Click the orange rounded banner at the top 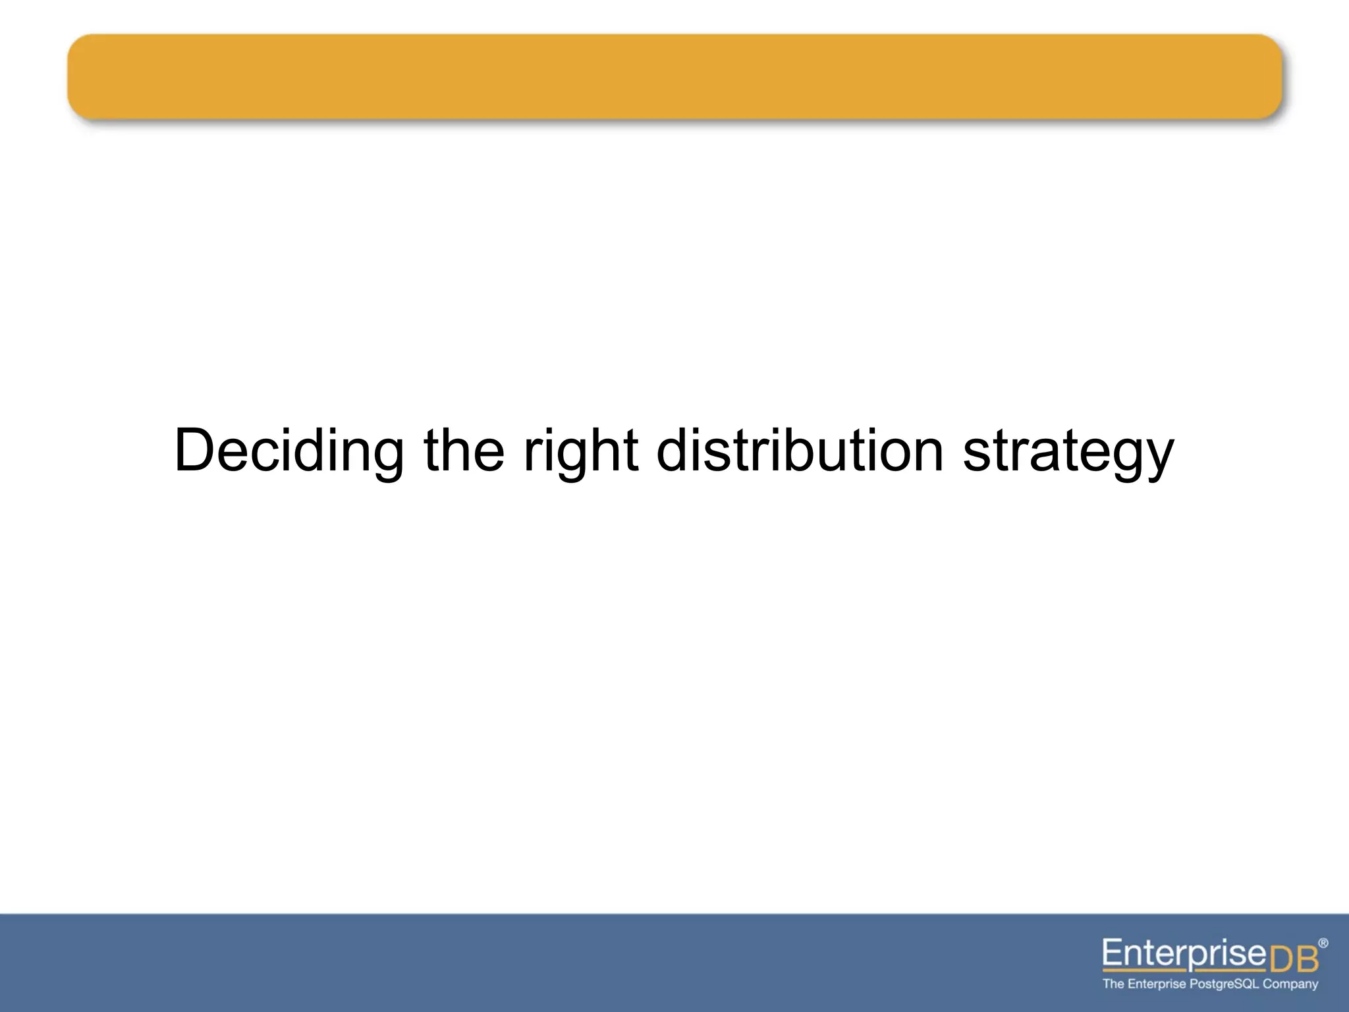pyautogui.click(x=674, y=76)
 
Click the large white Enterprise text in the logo pyautogui.click(x=1184, y=953)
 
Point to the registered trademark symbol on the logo pyautogui.click(x=1323, y=943)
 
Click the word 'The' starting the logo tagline pyautogui.click(x=1113, y=984)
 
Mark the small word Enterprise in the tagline pyautogui.click(x=1157, y=984)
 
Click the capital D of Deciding pyautogui.click(x=197, y=451)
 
